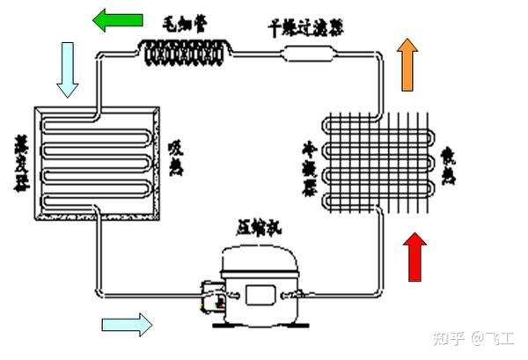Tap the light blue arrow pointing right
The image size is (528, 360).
pos(126,325)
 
